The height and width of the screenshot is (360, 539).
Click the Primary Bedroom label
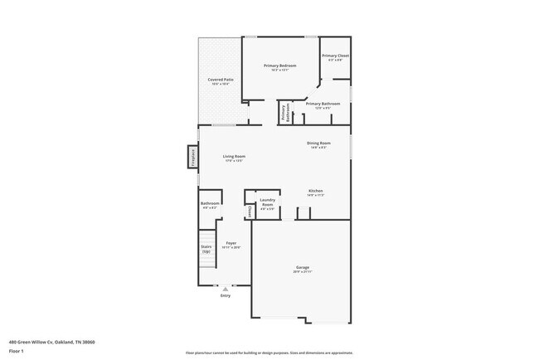279,66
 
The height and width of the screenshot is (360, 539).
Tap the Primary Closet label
336,56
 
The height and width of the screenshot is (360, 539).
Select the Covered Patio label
221,80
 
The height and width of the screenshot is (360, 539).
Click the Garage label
302,269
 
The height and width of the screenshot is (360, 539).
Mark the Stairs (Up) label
206,248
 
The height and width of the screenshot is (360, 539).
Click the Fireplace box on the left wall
193,157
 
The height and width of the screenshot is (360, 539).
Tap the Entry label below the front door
225,295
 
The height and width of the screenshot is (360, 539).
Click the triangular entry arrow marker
225,289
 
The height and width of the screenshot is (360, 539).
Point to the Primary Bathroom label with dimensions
323,105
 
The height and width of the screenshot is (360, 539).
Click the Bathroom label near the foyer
210,205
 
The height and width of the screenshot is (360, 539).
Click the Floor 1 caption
17,351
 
